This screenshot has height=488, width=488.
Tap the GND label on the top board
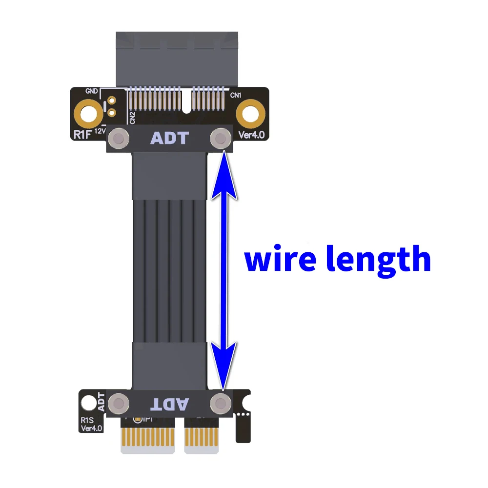click(91, 91)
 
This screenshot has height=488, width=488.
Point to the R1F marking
click(81, 134)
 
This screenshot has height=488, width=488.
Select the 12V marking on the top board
click(100, 131)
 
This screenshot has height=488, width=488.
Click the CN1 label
click(237, 95)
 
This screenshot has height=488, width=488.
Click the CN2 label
click(132, 117)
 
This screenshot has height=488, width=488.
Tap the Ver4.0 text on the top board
click(251, 135)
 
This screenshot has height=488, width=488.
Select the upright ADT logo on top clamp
click(169, 138)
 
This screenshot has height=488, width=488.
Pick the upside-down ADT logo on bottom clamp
click(170, 404)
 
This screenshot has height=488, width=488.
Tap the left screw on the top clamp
click(118, 138)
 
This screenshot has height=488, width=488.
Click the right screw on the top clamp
click(221, 138)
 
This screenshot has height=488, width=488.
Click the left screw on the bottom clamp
click(118, 404)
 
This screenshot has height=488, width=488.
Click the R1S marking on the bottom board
click(87, 419)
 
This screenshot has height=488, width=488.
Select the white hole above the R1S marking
click(88, 403)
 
